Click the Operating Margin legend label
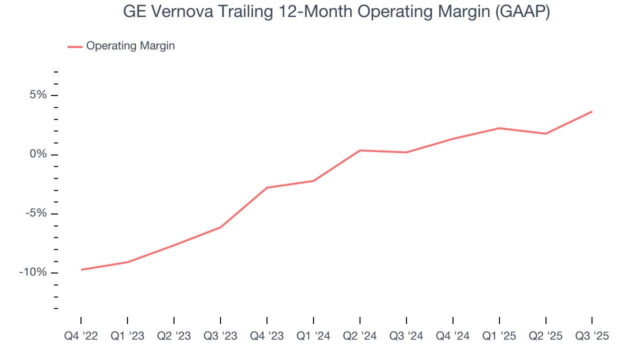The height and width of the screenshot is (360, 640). tap(130, 46)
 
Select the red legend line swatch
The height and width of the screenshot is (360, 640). tap(75, 46)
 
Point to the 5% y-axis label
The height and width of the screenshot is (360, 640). tap(38, 95)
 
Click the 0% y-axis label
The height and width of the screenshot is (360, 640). tap(38, 154)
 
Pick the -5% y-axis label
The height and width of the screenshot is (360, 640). tap(36, 213)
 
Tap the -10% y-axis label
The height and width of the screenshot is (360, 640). tap(33, 272)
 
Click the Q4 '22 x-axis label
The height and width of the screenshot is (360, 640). tap(81, 336)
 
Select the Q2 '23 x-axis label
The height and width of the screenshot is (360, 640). tap(174, 336)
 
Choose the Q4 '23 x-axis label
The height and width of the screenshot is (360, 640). tap(267, 336)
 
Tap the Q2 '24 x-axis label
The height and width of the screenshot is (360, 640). tap(360, 336)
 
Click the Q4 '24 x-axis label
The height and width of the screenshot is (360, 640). tap(453, 336)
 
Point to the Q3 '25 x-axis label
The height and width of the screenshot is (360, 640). tap(592, 336)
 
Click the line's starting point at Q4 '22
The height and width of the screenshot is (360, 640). tap(81, 269)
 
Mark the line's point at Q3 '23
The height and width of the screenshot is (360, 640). tap(220, 227)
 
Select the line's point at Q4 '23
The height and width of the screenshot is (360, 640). tap(267, 187)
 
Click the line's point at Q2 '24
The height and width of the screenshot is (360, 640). tap(360, 150)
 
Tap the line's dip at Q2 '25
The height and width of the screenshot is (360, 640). tap(545, 133)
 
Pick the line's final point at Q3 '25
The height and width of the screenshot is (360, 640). tap(592, 111)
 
